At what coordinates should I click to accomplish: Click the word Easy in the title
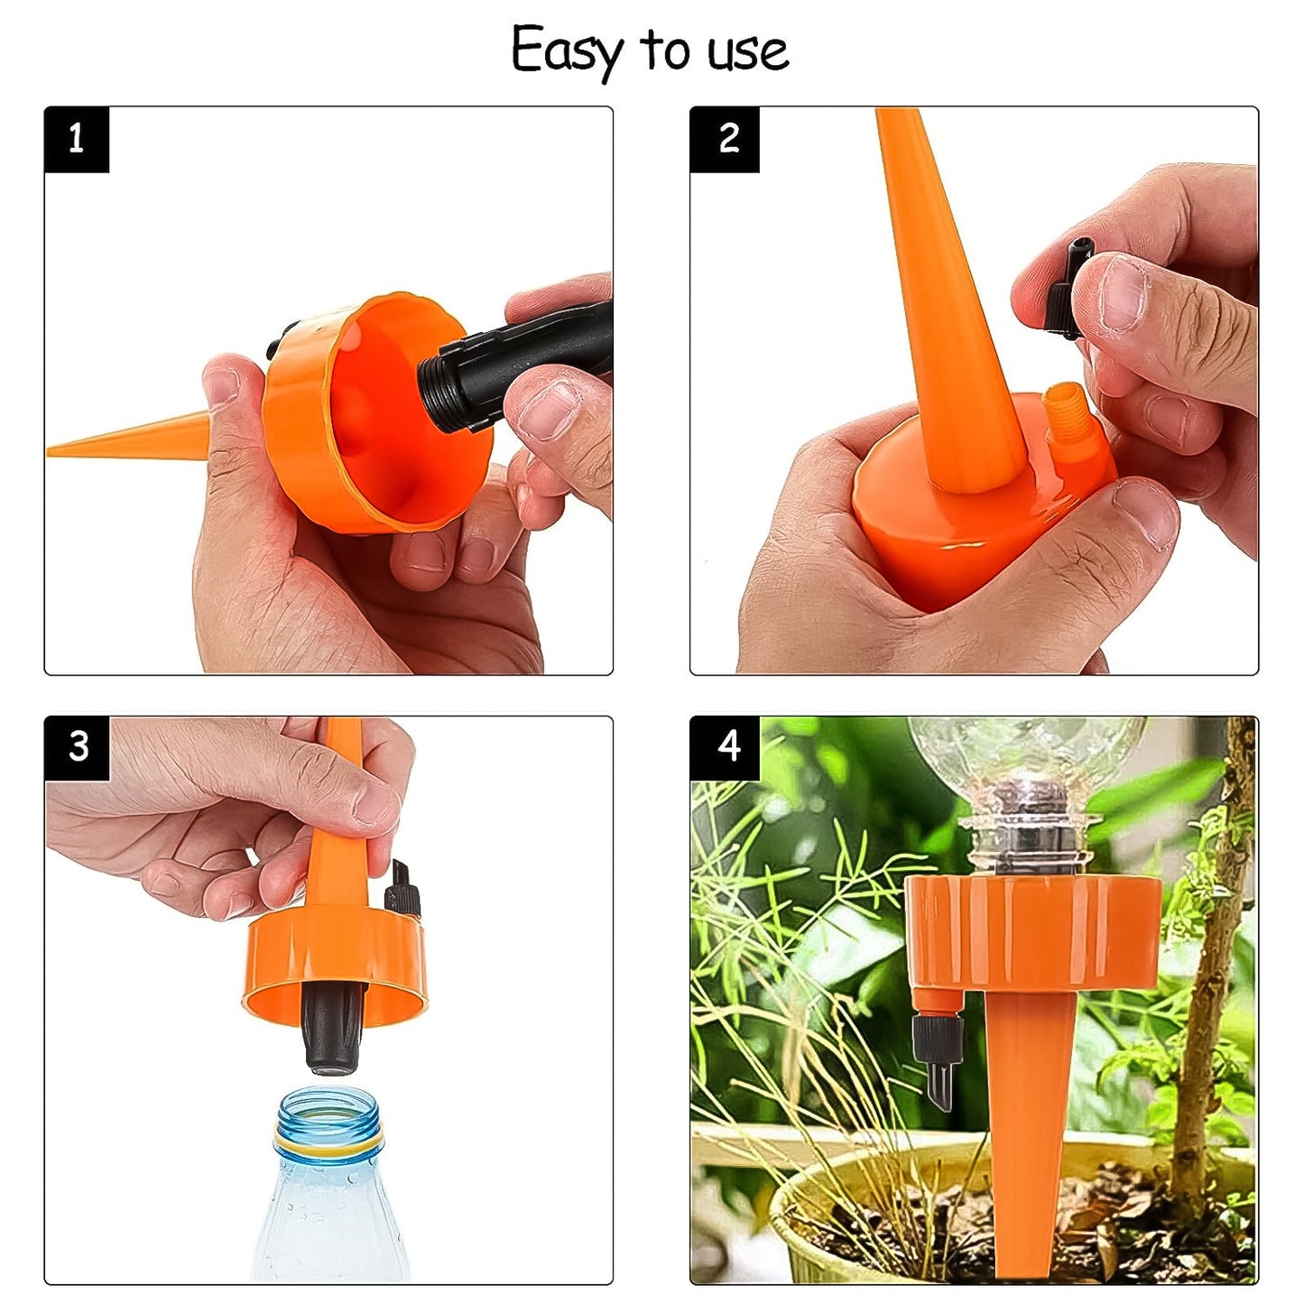567,51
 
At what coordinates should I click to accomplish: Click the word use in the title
748,52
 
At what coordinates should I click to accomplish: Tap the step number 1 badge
77,139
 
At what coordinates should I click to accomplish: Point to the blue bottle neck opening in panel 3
328,1105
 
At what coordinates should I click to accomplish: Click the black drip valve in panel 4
939,1056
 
